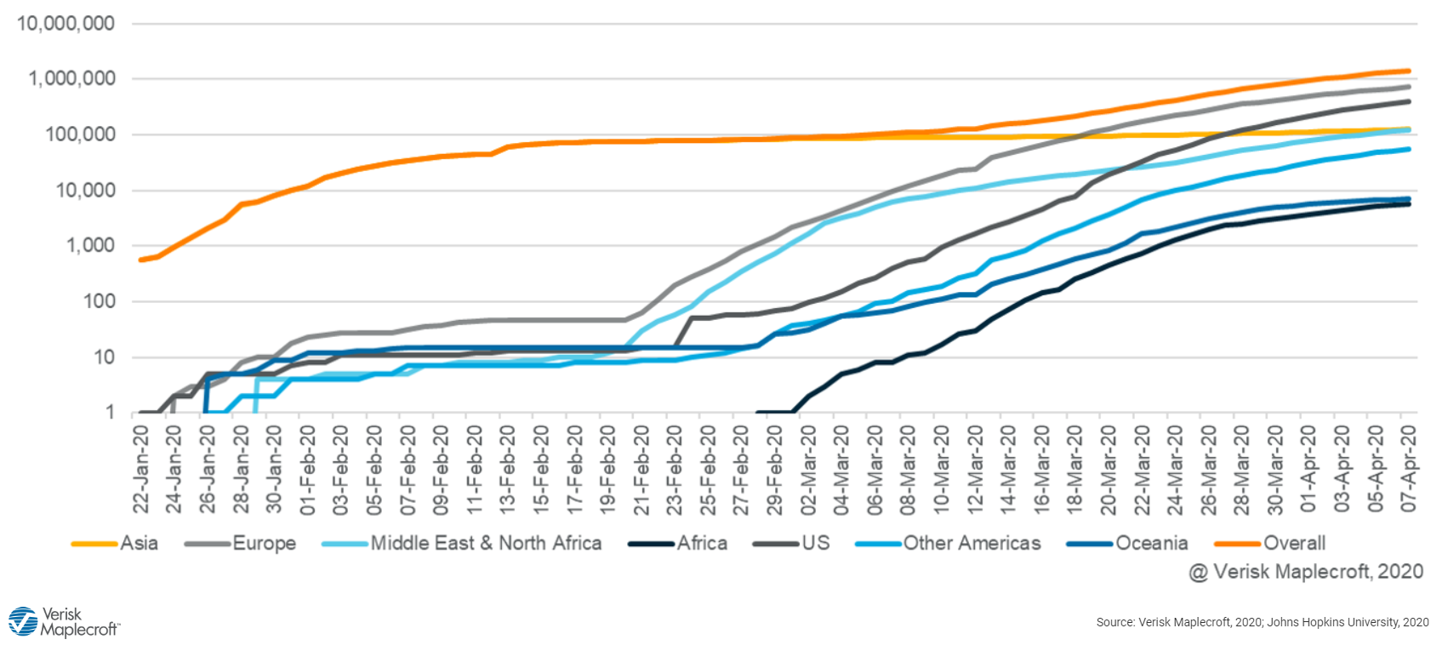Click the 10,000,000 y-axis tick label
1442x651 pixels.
point(66,24)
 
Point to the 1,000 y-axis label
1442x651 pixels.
point(91,245)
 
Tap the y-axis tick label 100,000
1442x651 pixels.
point(81,134)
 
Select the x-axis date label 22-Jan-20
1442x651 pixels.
point(141,468)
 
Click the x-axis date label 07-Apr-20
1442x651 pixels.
point(1409,468)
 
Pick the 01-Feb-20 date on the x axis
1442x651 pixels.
point(308,468)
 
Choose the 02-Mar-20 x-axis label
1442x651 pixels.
point(808,468)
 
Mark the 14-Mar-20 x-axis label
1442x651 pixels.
point(1009,468)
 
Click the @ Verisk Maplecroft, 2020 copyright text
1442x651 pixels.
point(1306,572)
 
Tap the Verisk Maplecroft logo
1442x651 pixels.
point(64,622)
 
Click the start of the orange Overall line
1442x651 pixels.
point(141,260)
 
